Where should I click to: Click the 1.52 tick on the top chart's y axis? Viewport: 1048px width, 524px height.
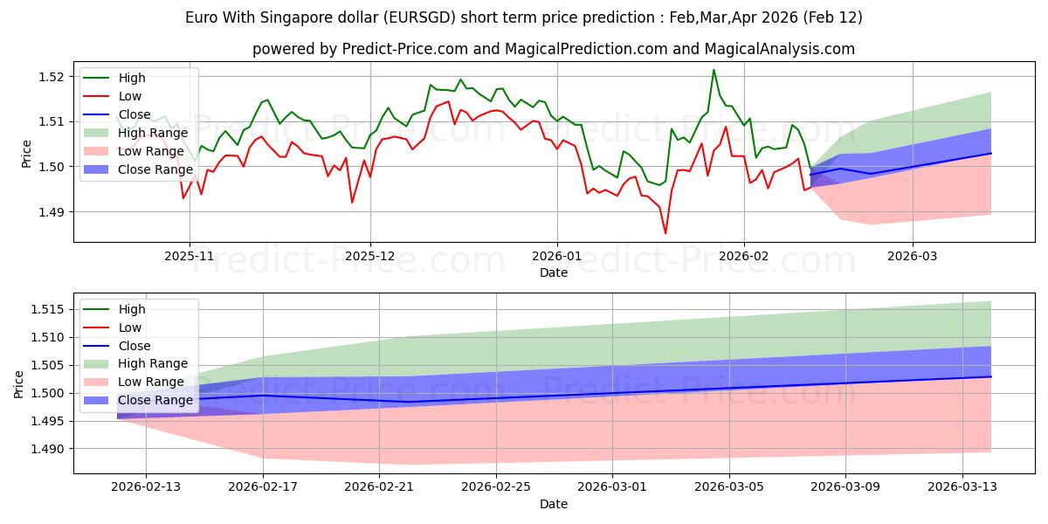click(52, 77)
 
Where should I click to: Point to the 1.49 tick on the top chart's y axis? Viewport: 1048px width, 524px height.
click(52, 212)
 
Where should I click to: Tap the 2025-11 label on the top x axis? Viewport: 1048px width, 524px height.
click(190, 256)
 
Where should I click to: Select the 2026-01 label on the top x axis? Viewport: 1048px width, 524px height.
click(556, 256)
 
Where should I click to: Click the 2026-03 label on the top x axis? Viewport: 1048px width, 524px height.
click(913, 256)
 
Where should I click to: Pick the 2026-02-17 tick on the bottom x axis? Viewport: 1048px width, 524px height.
click(263, 487)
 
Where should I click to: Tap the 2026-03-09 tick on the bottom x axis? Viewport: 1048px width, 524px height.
click(846, 487)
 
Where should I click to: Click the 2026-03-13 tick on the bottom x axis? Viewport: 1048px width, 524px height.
click(963, 487)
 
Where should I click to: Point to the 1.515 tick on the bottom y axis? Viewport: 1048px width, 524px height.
click(49, 309)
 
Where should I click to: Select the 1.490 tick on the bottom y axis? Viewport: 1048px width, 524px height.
click(49, 449)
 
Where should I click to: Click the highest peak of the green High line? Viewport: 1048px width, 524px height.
click(714, 70)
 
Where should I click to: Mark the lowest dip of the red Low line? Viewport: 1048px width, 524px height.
click(665, 233)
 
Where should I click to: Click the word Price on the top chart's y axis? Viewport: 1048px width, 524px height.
click(27, 154)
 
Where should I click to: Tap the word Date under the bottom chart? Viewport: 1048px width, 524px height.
click(553, 504)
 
